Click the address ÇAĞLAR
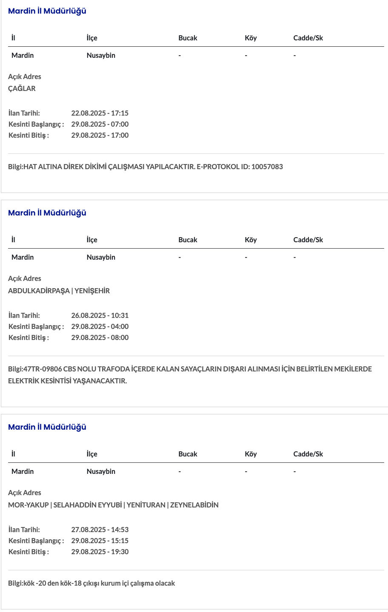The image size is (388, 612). click(22, 88)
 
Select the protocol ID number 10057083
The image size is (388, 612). click(267, 167)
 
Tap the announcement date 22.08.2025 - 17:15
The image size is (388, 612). click(100, 113)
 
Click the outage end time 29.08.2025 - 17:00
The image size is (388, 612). click(100, 135)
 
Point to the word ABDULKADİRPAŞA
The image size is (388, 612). click(39, 291)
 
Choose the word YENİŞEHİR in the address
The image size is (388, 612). click(92, 291)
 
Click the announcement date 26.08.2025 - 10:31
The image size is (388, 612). click(100, 315)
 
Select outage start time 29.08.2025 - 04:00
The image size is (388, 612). click(100, 326)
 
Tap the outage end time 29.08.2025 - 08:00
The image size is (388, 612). click(100, 337)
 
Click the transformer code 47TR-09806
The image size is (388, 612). click(43, 369)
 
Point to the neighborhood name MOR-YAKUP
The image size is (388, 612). click(29, 505)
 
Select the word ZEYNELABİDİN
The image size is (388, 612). click(194, 505)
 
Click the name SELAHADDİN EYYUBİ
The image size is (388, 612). click(88, 505)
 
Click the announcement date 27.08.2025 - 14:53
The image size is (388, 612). click(100, 530)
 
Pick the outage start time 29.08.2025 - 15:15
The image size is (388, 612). click(100, 541)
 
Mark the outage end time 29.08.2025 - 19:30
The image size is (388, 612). click(100, 552)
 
